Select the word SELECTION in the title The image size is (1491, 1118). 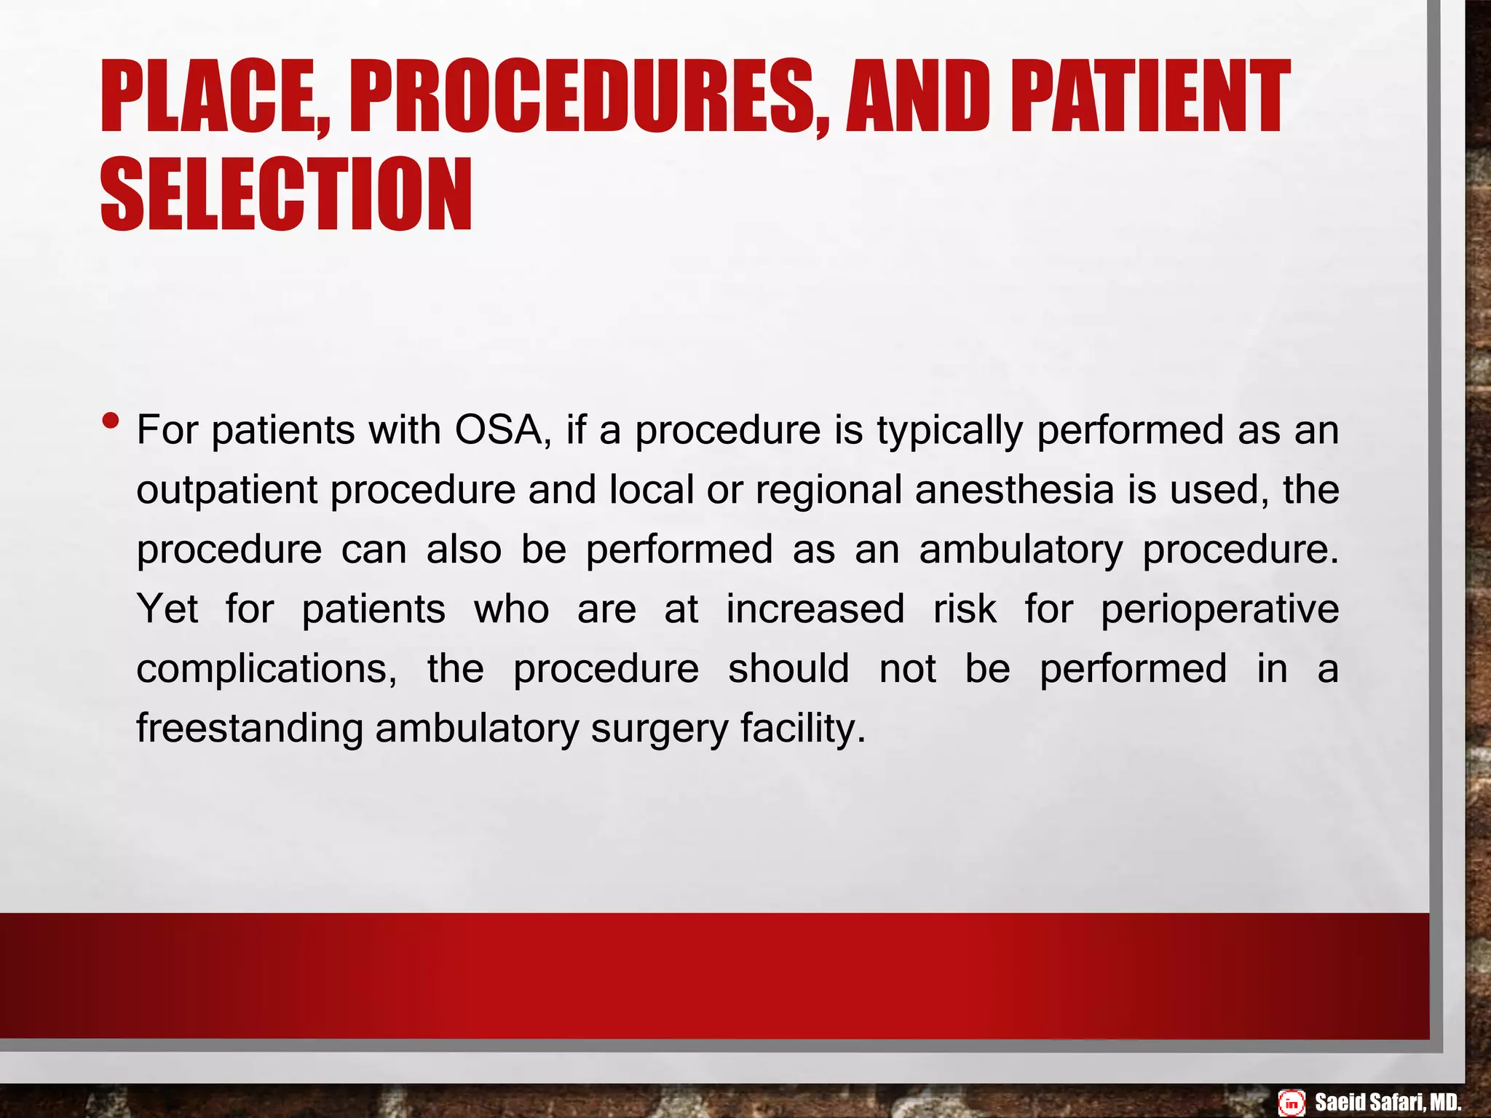pos(286,194)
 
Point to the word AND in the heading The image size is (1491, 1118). pos(918,97)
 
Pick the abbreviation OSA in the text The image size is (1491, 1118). pos(498,430)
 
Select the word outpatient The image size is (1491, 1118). pos(227,491)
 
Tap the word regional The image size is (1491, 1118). pos(828,491)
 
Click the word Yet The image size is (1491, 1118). pos(167,608)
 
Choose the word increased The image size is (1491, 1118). pos(815,608)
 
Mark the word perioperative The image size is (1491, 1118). pos(1219,610)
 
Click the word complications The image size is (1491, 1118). pos(266,670)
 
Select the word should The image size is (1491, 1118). pos(788,668)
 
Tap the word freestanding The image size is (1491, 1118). pos(250,729)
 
